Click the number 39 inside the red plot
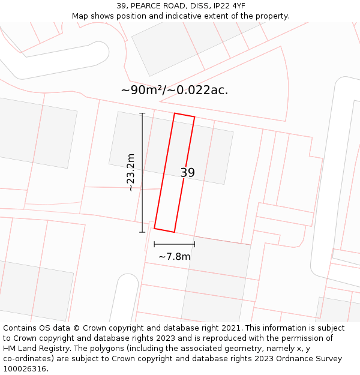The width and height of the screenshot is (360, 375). coord(187,173)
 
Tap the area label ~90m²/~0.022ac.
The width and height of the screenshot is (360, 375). coord(174,91)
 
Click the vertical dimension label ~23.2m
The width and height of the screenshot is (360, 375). coord(131,172)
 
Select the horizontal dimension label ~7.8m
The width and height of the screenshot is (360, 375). coord(174,257)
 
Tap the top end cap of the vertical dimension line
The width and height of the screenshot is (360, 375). coord(142,113)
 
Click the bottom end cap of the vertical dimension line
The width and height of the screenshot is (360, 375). coord(142,232)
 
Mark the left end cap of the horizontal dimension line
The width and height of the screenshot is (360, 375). coord(154,244)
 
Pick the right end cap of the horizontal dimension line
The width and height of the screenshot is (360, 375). coord(194,244)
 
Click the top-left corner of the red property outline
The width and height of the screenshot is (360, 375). coord(175,113)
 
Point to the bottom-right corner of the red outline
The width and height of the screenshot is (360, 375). coord(174,232)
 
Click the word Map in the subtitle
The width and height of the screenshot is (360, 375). coord(80,16)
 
